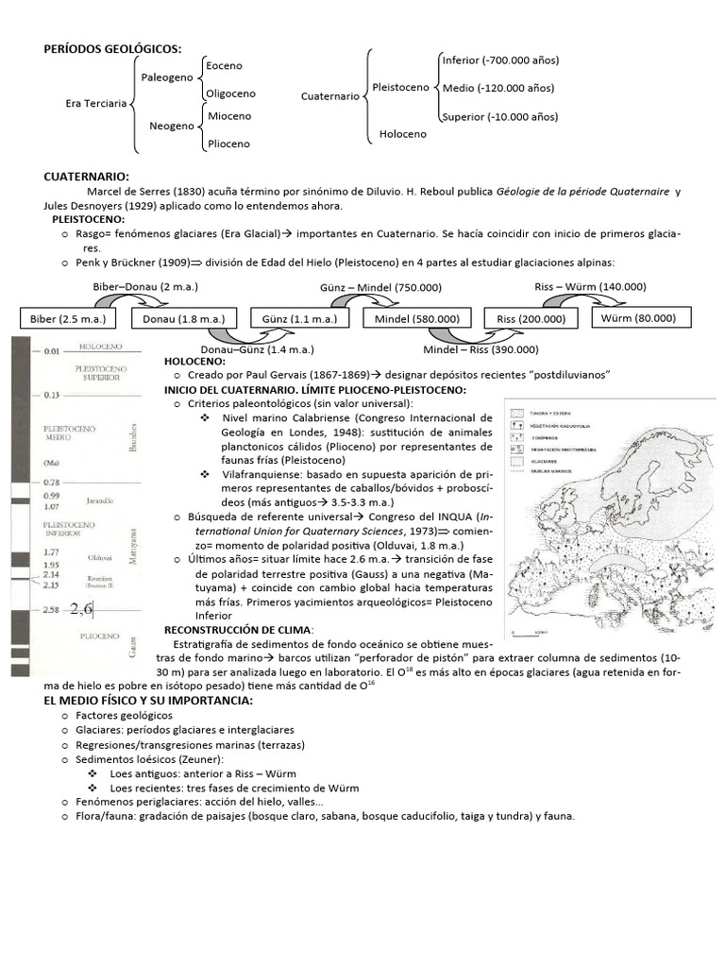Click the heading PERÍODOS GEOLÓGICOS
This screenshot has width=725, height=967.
click(x=112, y=49)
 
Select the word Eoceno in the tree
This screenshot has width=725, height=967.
click(x=224, y=66)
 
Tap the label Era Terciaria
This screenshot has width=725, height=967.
click(x=95, y=105)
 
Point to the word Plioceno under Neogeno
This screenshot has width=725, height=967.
click(x=228, y=144)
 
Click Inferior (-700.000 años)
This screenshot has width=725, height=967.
click(x=500, y=60)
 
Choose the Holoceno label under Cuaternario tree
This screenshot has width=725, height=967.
click(x=402, y=134)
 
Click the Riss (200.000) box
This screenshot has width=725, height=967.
click(x=531, y=319)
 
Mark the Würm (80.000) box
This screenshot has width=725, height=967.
click(x=637, y=318)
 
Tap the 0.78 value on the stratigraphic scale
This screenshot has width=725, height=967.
click(x=52, y=483)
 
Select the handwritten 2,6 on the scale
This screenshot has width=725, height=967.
click(x=81, y=610)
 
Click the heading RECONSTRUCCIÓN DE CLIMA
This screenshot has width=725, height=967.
click(x=240, y=630)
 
